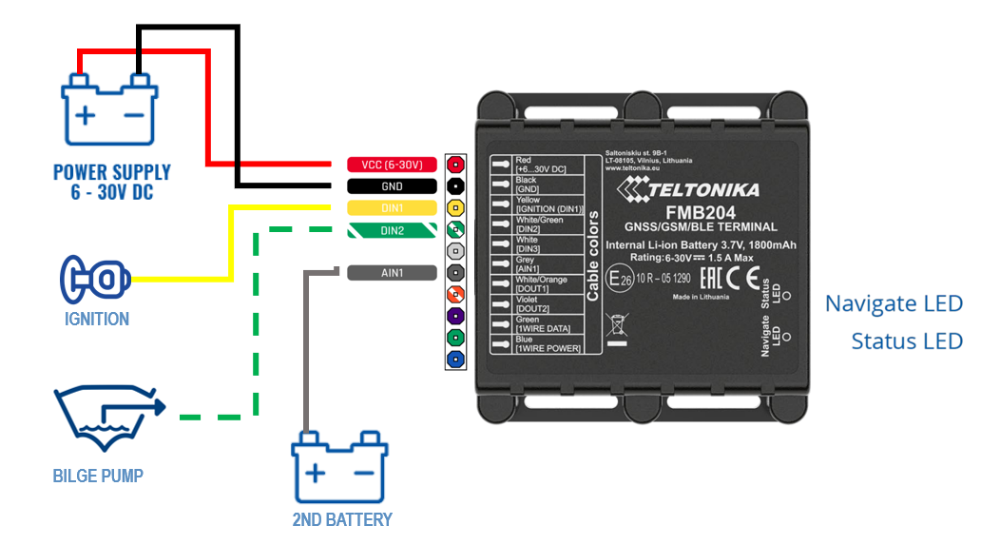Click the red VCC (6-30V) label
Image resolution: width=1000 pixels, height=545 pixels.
click(391, 165)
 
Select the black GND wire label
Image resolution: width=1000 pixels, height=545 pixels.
click(391, 186)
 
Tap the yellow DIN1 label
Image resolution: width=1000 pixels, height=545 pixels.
click(391, 208)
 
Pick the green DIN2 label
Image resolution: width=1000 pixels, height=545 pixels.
click(391, 230)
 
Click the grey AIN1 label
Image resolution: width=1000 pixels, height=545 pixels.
click(391, 273)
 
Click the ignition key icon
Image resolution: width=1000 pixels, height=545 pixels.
click(94, 278)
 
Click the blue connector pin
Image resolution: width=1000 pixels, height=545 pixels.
click(455, 360)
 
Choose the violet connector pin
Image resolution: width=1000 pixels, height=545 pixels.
click(455, 316)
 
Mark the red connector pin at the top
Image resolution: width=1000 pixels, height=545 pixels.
click(455, 165)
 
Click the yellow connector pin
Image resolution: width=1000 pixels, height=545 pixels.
click(455, 208)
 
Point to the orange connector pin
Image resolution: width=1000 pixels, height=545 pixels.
click(455, 294)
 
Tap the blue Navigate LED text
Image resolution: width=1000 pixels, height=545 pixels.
click(894, 304)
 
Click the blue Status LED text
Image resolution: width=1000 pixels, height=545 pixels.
click(907, 341)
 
